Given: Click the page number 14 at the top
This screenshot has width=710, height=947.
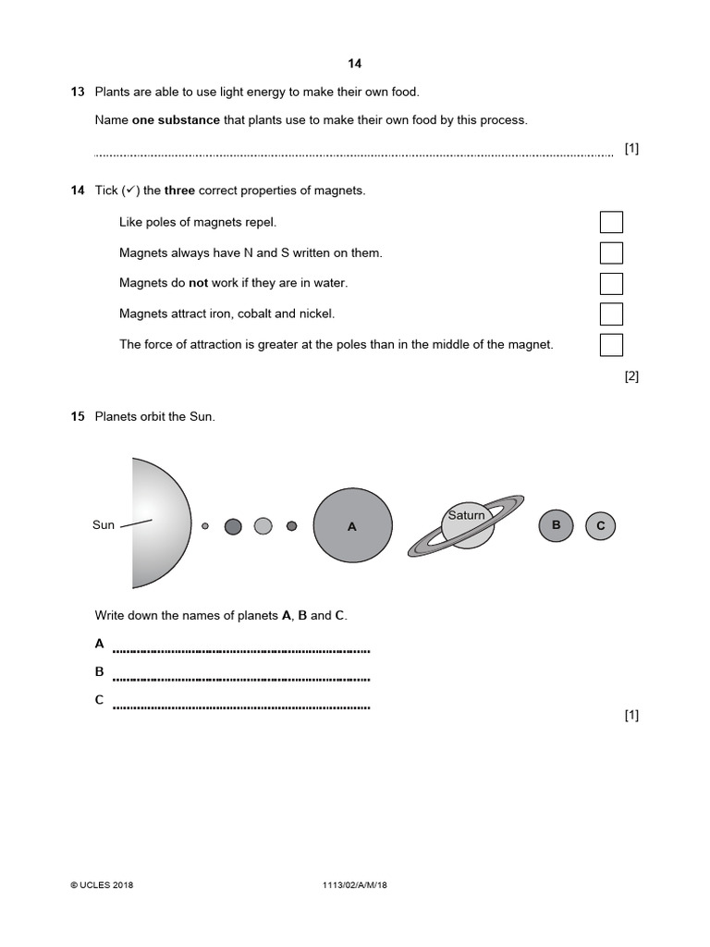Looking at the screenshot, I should click(355, 64).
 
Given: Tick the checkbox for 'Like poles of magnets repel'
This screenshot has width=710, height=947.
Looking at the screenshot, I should click(611, 222).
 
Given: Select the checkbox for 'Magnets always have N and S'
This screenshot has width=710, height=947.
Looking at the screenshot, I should click(611, 252).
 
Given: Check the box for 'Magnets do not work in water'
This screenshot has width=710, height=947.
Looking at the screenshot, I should click(611, 283).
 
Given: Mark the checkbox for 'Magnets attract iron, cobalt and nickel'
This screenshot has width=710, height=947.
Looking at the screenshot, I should click(611, 314).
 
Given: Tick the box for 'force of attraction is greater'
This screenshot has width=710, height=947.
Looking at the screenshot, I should click(611, 345).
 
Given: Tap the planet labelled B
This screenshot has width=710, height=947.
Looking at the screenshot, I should click(556, 525).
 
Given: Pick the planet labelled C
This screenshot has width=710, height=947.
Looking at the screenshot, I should click(600, 526).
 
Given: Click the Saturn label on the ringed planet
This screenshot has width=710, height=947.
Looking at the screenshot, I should click(466, 515).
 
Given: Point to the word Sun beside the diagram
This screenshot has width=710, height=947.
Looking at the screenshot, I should click(104, 525).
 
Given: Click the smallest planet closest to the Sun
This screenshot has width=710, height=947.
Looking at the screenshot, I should click(205, 526).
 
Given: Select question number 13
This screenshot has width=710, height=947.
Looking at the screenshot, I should click(77, 92).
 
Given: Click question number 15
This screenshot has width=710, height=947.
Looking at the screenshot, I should click(77, 417).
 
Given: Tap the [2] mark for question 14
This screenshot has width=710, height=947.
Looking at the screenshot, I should click(631, 375).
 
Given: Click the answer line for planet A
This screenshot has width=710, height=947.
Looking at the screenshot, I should click(240, 650).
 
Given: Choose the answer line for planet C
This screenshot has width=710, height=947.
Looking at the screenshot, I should click(240, 707).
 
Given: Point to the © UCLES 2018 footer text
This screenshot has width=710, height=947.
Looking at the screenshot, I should click(103, 885).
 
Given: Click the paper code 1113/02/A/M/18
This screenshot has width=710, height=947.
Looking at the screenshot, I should click(355, 885).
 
